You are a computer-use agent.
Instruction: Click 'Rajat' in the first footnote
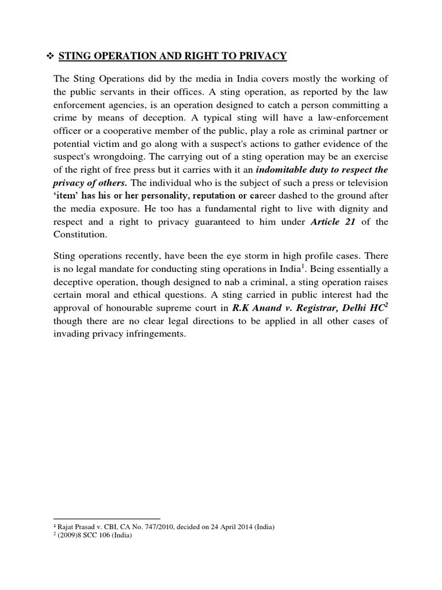64,526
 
